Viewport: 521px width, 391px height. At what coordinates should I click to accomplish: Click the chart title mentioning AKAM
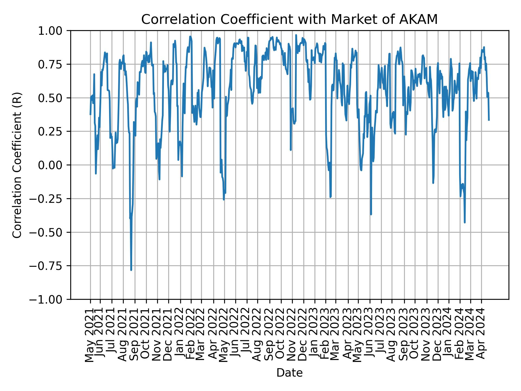289,20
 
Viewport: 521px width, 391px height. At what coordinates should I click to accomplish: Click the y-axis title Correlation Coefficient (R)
17,165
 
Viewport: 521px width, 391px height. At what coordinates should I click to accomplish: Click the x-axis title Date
289,373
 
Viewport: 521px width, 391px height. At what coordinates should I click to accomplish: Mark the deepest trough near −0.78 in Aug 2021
131,270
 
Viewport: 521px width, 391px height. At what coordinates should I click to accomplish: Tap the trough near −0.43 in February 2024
465,222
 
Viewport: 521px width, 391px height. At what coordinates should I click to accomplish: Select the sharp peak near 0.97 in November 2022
296,35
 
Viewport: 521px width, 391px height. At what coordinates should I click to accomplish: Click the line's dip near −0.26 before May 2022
224,200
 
